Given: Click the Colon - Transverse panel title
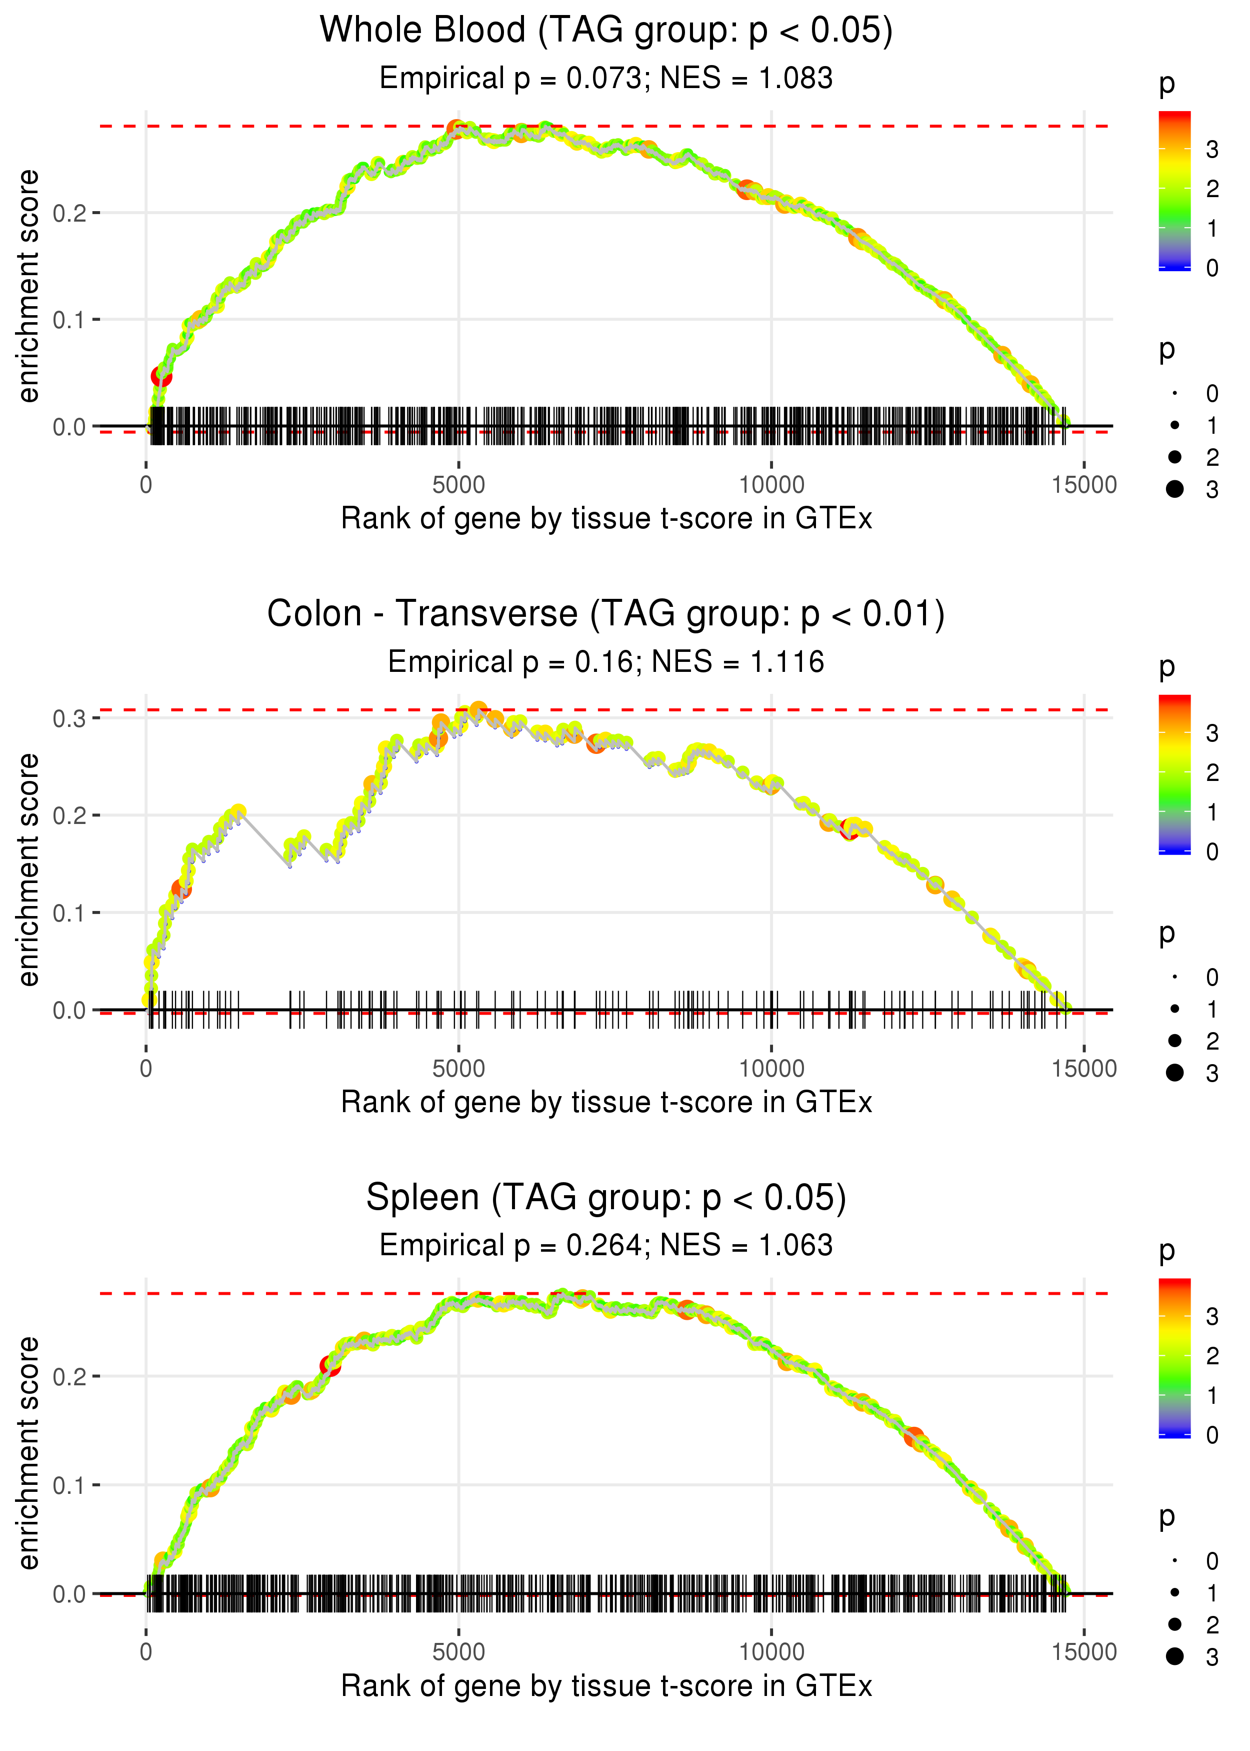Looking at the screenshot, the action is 606,614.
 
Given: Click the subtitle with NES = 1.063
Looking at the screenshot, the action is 606,1246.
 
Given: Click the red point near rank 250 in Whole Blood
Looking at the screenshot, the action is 161,377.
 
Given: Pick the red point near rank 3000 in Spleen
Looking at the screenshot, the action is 330,1365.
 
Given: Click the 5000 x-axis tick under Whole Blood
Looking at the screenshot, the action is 458,485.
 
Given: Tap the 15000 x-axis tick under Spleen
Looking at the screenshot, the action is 1083,1652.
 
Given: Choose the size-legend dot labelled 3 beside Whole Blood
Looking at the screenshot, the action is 1174,489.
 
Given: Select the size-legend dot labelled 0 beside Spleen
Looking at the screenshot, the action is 1174,1560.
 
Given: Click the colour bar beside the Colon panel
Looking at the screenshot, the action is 1174,774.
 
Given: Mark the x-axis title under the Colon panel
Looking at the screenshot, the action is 606,1103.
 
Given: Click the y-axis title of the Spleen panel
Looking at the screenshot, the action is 28,1452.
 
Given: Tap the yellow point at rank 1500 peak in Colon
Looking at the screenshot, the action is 238,811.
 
